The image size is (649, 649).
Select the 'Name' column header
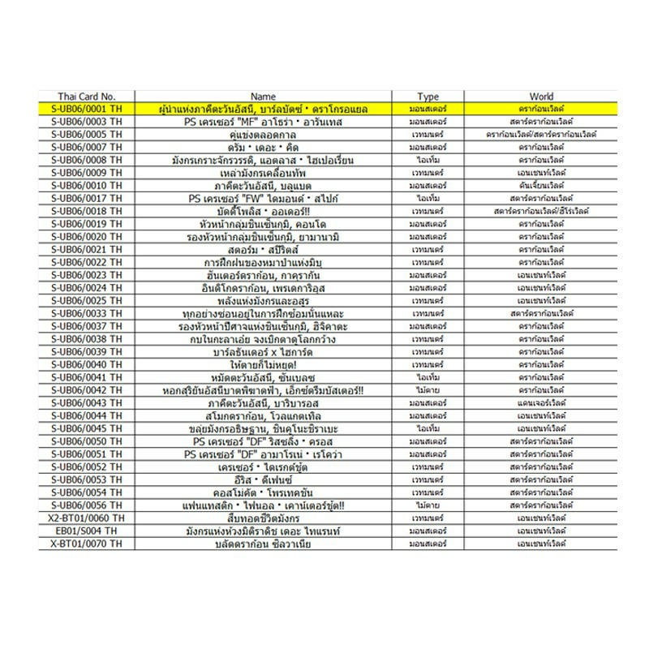[264, 96]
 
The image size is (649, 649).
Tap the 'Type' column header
[428, 96]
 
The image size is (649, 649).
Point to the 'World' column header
[541, 96]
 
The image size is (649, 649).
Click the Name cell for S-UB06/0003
[264, 122]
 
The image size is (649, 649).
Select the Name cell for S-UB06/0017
[264, 199]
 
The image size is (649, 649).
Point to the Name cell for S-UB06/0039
[264, 352]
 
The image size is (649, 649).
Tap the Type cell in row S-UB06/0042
[428, 390]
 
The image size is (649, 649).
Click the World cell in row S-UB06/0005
[541, 135]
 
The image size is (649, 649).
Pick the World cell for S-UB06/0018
[541, 212]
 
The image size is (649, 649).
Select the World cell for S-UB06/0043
[541, 403]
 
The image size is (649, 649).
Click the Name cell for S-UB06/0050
[264, 441]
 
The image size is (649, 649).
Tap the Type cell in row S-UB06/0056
[428, 505]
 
